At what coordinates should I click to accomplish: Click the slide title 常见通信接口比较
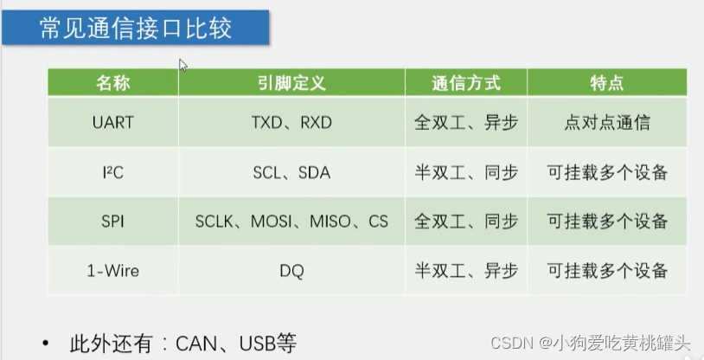pyautogui.click(x=136, y=29)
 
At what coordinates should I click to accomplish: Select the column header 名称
pyautogui.click(x=112, y=83)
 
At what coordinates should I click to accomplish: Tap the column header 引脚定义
pyautogui.click(x=291, y=83)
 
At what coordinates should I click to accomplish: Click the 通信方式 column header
pyautogui.click(x=466, y=83)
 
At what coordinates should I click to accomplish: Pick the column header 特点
pyautogui.click(x=607, y=83)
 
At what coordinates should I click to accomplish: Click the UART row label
pyautogui.click(x=112, y=122)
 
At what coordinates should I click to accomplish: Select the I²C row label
pyautogui.click(x=112, y=172)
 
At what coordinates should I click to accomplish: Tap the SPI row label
pyautogui.click(x=112, y=222)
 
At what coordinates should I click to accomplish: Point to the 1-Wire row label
pyautogui.click(x=112, y=271)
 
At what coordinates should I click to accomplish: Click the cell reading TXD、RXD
pyautogui.click(x=291, y=122)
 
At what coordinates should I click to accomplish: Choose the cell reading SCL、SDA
pyautogui.click(x=291, y=172)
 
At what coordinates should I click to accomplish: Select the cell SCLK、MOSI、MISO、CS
pyautogui.click(x=291, y=222)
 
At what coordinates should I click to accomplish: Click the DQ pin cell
pyautogui.click(x=291, y=271)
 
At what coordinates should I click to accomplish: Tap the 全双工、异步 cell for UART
pyautogui.click(x=466, y=122)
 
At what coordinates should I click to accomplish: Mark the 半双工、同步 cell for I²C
pyautogui.click(x=466, y=172)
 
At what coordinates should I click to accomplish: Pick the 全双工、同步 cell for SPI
pyautogui.click(x=466, y=222)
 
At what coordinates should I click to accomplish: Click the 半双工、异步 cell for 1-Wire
pyautogui.click(x=466, y=271)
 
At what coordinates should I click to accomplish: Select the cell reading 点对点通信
pyautogui.click(x=607, y=122)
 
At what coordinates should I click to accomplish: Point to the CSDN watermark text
pyautogui.click(x=510, y=342)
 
